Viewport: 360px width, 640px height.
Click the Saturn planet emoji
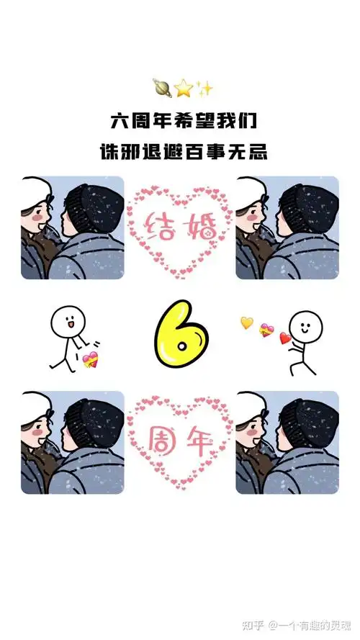coord(161,87)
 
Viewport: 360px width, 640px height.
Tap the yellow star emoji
coord(184,89)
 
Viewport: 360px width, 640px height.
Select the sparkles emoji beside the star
coord(204,89)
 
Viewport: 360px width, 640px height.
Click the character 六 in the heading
coord(119,119)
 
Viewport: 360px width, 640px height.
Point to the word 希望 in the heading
coord(189,119)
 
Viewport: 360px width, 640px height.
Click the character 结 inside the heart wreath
coord(161,225)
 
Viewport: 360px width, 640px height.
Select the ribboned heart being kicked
coord(90,360)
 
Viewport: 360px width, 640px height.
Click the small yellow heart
coord(247,323)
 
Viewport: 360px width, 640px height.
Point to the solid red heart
coord(285,338)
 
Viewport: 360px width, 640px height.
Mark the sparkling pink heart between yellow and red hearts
coord(266,330)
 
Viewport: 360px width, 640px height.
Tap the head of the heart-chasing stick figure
coord(305,326)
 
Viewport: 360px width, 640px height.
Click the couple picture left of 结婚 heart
coord(72,227)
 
